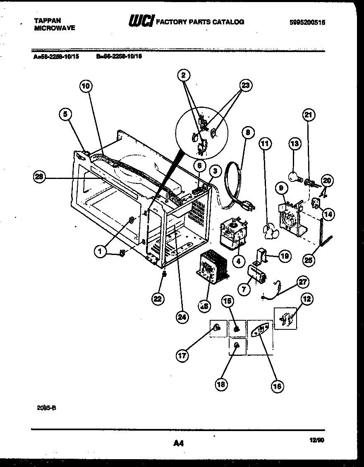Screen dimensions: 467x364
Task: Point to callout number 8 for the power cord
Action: coord(247,133)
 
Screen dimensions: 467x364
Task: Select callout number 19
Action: coord(285,256)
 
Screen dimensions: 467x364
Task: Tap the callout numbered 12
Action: coord(307,299)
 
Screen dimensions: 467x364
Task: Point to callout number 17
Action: coord(182,355)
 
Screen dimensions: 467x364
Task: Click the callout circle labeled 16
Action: coord(277,386)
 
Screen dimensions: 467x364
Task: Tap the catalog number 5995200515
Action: coord(307,23)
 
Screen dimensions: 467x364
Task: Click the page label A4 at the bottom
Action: coord(178,443)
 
